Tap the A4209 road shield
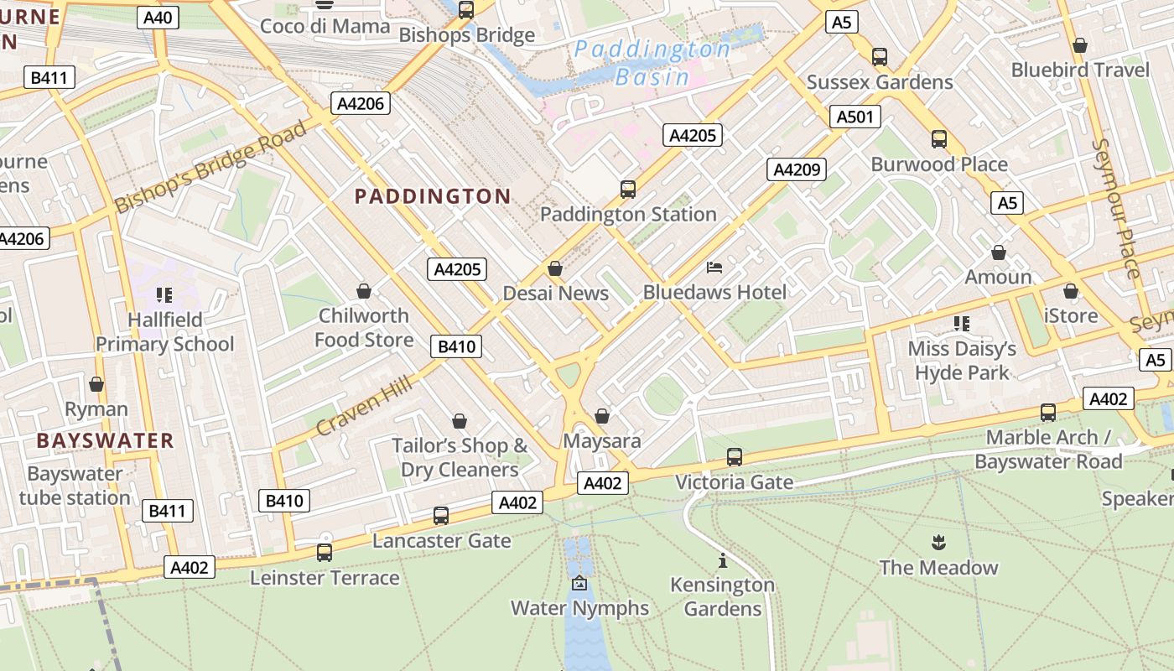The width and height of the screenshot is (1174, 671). pos(796,169)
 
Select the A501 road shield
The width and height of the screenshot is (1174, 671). pos(855,117)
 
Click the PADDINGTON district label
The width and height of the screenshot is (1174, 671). pos(433,196)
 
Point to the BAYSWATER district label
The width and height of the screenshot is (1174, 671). pos(106,440)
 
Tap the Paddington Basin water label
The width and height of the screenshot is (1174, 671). pos(652,63)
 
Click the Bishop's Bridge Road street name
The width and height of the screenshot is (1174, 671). pos(210,167)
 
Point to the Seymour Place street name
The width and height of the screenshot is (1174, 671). pos(1119,208)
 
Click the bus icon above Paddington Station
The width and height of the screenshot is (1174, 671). pos(628,190)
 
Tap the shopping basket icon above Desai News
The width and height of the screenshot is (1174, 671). pos(554,268)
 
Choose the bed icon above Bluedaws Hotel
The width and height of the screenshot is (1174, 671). pos(714,268)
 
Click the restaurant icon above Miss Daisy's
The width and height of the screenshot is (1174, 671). pos(961,323)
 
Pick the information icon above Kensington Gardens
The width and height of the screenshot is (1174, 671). pos(722,560)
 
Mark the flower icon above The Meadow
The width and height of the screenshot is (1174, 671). pos(938,543)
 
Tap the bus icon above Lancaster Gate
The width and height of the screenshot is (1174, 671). pos(441,516)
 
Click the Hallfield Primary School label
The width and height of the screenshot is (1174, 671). pos(165,332)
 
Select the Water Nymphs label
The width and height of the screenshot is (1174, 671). pos(579,608)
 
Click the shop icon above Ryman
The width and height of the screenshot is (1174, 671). pos(96,384)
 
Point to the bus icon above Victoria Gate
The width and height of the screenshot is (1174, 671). pos(735,457)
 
